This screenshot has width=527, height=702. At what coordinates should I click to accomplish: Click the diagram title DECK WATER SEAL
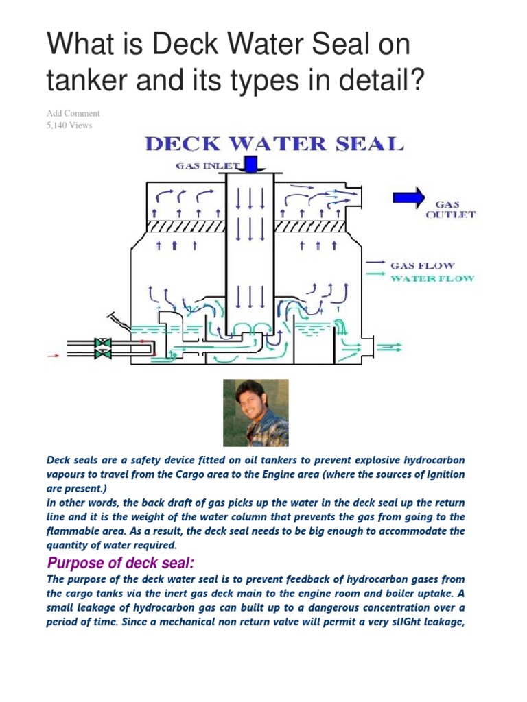point(272,145)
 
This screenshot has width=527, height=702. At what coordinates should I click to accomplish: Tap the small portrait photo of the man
point(256,413)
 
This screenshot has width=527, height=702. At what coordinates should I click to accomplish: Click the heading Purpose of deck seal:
point(121,564)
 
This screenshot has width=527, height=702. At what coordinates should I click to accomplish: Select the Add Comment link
point(73,113)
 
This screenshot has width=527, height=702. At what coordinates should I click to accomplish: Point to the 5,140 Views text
point(69,125)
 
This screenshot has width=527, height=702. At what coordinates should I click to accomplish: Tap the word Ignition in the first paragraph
point(440,474)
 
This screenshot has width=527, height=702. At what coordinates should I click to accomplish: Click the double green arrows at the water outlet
point(391,348)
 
